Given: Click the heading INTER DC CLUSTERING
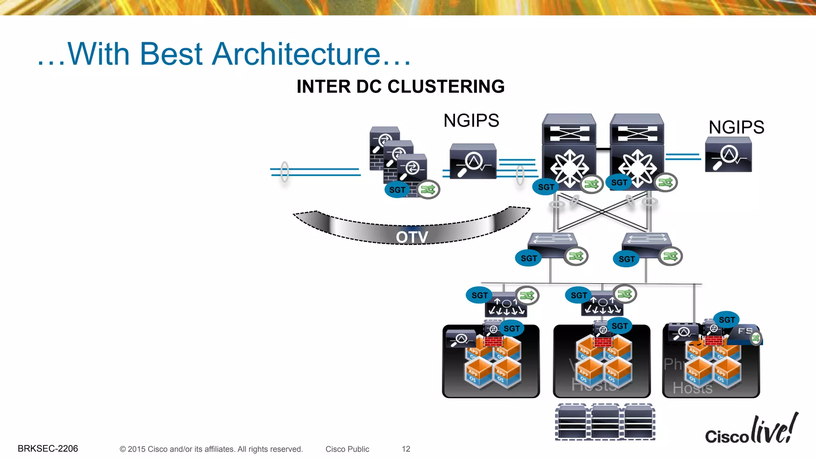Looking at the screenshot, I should pyautogui.click(x=400, y=86).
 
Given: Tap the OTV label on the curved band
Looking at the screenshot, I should pyautogui.click(x=412, y=237).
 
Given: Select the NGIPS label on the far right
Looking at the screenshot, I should pyautogui.click(x=736, y=127).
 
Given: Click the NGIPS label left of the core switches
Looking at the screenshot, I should pyautogui.click(x=471, y=121).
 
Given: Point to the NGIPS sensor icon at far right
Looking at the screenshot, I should pyautogui.click(x=728, y=155).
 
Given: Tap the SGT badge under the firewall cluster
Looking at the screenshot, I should pyautogui.click(x=397, y=190).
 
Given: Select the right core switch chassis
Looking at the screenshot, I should pyautogui.click(x=637, y=149).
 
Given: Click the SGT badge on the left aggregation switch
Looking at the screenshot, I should pyautogui.click(x=528, y=258).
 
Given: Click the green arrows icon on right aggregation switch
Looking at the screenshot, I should pyautogui.click(x=671, y=256).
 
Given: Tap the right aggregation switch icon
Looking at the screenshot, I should pyautogui.click(x=646, y=243).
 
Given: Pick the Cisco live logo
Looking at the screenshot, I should pyautogui.click(x=751, y=430).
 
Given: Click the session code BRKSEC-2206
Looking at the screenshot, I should pyautogui.click(x=48, y=449).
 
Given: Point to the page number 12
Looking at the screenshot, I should pyautogui.click(x=406, y=449).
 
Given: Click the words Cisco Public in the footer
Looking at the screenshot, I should pyautogui.click(x=347, y=449).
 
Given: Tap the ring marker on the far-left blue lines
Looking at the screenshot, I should pyautogui.click(x=284, y=172).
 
